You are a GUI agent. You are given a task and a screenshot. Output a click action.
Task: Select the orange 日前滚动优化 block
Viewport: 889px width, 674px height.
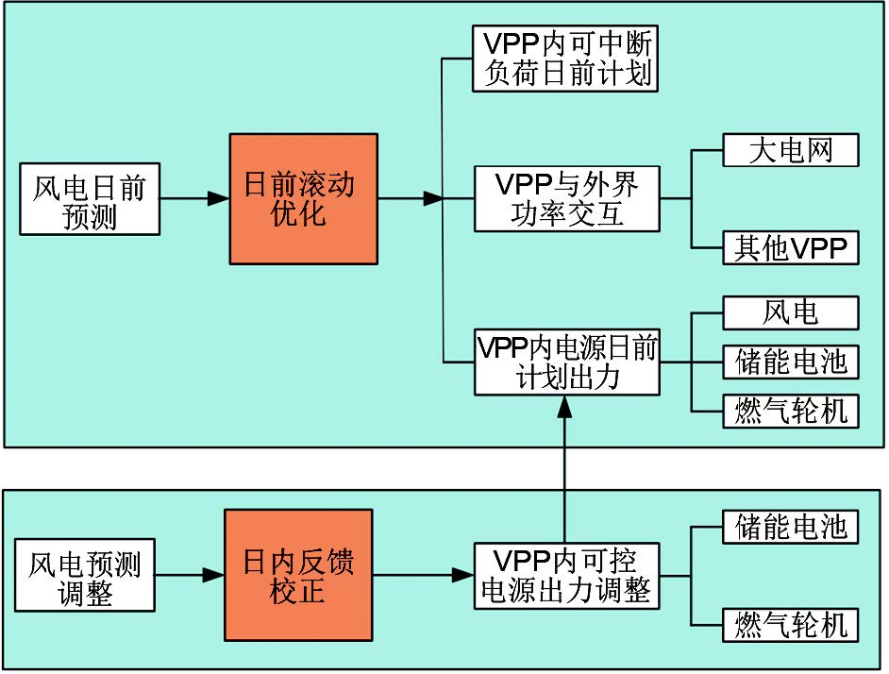[x=303, y=198]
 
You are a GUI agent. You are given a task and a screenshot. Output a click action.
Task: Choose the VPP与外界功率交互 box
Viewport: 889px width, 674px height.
[x=565, y=199]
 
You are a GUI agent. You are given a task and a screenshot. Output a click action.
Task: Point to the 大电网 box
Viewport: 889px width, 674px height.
[x=791, y=151]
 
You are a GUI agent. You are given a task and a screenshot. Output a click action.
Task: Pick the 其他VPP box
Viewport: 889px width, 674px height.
[x=791, y=248]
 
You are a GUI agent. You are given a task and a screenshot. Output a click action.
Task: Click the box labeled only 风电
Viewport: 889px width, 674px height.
[x=791, y=312]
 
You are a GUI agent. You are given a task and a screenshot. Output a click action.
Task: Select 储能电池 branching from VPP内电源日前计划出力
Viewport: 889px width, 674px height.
[x=791, y=362]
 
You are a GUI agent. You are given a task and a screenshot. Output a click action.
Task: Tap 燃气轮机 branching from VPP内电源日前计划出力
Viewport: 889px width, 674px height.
[x=791, y=410]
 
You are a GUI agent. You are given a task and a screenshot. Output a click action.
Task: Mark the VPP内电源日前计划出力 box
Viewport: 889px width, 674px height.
[x=565, y=362]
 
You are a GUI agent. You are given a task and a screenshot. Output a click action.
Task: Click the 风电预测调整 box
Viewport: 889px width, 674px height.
[x=84, y=579]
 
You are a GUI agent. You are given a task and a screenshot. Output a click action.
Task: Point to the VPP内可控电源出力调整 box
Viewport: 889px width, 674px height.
[x=565, y=575]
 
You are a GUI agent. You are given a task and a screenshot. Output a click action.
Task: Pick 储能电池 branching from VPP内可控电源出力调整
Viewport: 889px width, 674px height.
[x=791, y=527]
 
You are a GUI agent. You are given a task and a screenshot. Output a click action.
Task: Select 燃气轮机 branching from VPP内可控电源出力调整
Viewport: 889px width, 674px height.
[x=791, y=623]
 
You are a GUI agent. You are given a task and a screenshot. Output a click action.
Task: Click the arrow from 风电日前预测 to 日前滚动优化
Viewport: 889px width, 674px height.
[x=194, y=199]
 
